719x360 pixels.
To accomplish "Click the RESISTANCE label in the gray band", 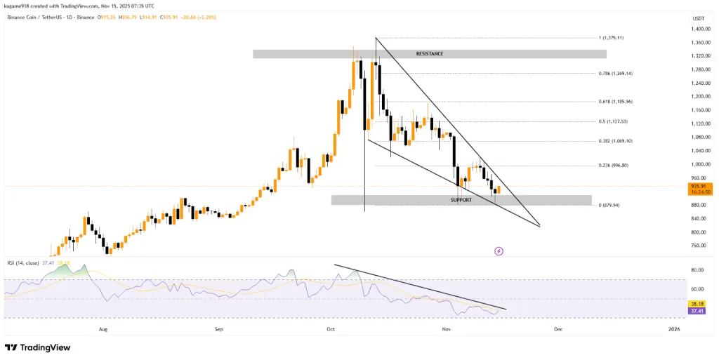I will (x=429, y=53).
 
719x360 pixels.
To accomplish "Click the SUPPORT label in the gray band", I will (x=461, y=200).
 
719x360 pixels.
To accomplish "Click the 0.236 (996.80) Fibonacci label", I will (x=613, y=166).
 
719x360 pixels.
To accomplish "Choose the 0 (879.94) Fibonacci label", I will (x=608, y=206).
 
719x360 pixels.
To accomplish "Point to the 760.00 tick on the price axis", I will (x=699, y=246).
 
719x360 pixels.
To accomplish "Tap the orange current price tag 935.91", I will (x=699, y=187).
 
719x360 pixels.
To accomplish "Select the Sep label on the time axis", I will (x=218, y=328).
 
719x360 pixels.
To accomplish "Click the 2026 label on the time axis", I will (x=674, y=328).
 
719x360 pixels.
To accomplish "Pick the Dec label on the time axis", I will (x=558, y=328).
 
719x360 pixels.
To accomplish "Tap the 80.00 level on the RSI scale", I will (x=697, y=269).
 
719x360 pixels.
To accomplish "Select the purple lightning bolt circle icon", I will (x=499, y=251).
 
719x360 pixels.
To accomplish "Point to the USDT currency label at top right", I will (x=698, y=18).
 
